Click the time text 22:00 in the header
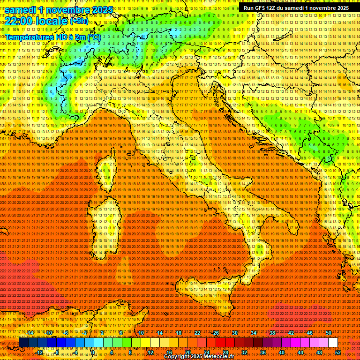click(x=16, y=21)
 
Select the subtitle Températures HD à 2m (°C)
click(x=52, y=37)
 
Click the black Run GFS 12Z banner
click(x=296, y=8)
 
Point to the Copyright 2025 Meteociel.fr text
click(x=202, y=357)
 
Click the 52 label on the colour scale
click(x=338, y=352)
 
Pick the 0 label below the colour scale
click(x=93, y=352)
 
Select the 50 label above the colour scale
click(x=328, y=333)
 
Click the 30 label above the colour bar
click(x=234, y=333)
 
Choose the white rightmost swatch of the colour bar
click(x=333, y=343)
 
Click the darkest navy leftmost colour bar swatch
click(x=23, y=343)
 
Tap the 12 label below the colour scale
click(x=150, y=352)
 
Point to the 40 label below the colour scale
click(x=281, y=352)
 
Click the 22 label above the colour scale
click(x=197, y=333)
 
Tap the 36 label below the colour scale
click(x=262, y=352)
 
